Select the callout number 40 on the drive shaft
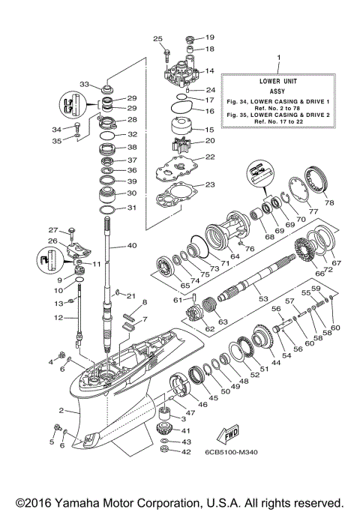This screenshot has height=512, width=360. (x=132, y=246)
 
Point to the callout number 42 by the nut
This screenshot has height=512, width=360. (x=184, y=453)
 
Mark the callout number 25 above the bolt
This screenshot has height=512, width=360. (x=158, y=38)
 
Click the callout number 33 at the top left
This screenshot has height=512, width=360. (x=85, y=84)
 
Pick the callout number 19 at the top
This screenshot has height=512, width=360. (x=210, y=37)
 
